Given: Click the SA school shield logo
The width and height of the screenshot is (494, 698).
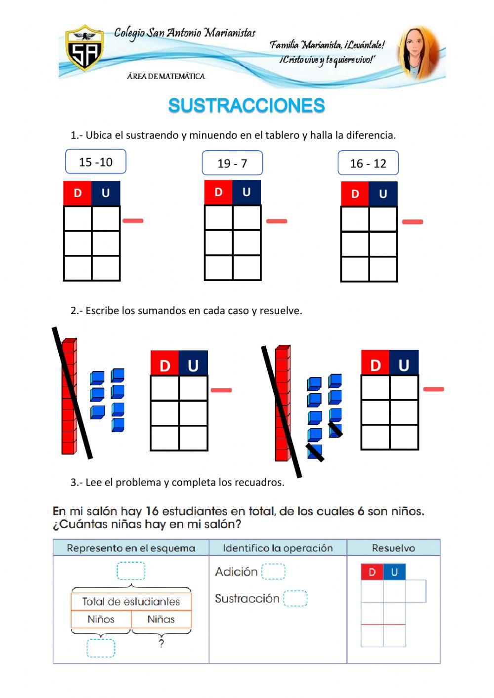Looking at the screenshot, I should tap(85, 49).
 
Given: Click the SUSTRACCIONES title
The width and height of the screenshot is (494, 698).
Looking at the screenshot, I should tap(247, 105).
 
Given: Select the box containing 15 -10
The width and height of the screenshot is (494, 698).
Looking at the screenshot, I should tap(96, 162).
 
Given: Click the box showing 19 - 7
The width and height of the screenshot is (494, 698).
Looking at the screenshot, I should tap(232, 164).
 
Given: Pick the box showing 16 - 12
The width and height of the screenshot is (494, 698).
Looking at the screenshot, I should tap(368, 164).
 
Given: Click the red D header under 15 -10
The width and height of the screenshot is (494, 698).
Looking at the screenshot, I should tap(78, 193).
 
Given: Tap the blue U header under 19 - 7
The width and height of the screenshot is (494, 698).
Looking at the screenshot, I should tap(247, 192).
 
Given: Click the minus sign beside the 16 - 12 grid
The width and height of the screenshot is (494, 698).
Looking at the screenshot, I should tap(412, 222).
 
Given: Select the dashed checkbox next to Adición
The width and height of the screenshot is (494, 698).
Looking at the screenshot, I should tap(273, 572).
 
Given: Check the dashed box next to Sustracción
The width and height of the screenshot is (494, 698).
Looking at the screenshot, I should tap(295, 598).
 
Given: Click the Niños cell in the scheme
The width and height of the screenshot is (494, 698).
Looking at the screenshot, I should tap(101, 619).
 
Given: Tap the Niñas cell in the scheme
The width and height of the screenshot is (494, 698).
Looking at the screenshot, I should tap(161, 619).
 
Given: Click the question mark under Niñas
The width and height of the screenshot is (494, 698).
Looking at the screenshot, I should tap(161, 643).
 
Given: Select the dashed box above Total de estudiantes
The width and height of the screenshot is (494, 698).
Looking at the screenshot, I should tap(131, 571).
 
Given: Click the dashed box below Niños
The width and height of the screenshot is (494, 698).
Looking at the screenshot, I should tap(101, 648).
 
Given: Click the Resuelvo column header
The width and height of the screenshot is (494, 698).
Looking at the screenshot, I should tap(393, 548).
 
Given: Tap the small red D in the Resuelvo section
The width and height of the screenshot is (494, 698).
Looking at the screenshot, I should tap(372, 572).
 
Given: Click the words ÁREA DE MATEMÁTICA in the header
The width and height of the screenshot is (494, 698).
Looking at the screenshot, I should tap(166, 76).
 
